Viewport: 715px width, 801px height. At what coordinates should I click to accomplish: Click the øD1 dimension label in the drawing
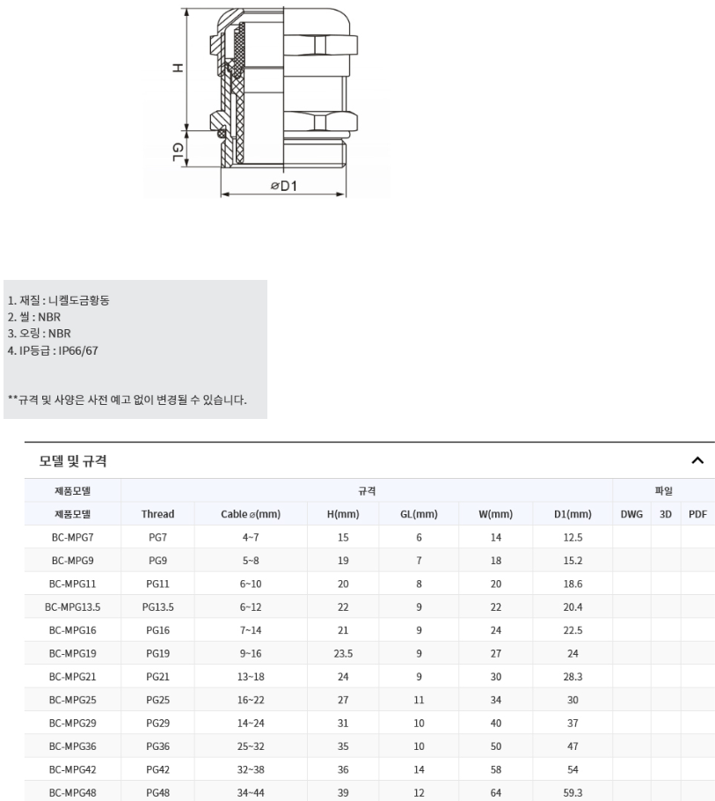(284, 186)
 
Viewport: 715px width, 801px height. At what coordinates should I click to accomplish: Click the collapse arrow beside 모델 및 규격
(697, 460)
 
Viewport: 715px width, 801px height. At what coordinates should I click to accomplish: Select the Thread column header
(158, 514)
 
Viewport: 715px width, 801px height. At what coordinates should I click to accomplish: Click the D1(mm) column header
(573, 514)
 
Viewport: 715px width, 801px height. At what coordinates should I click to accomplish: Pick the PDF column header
(697, 514)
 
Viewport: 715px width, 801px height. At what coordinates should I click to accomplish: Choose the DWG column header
(631, 514)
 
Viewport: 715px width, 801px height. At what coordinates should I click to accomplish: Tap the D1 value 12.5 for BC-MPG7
(573, 537)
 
